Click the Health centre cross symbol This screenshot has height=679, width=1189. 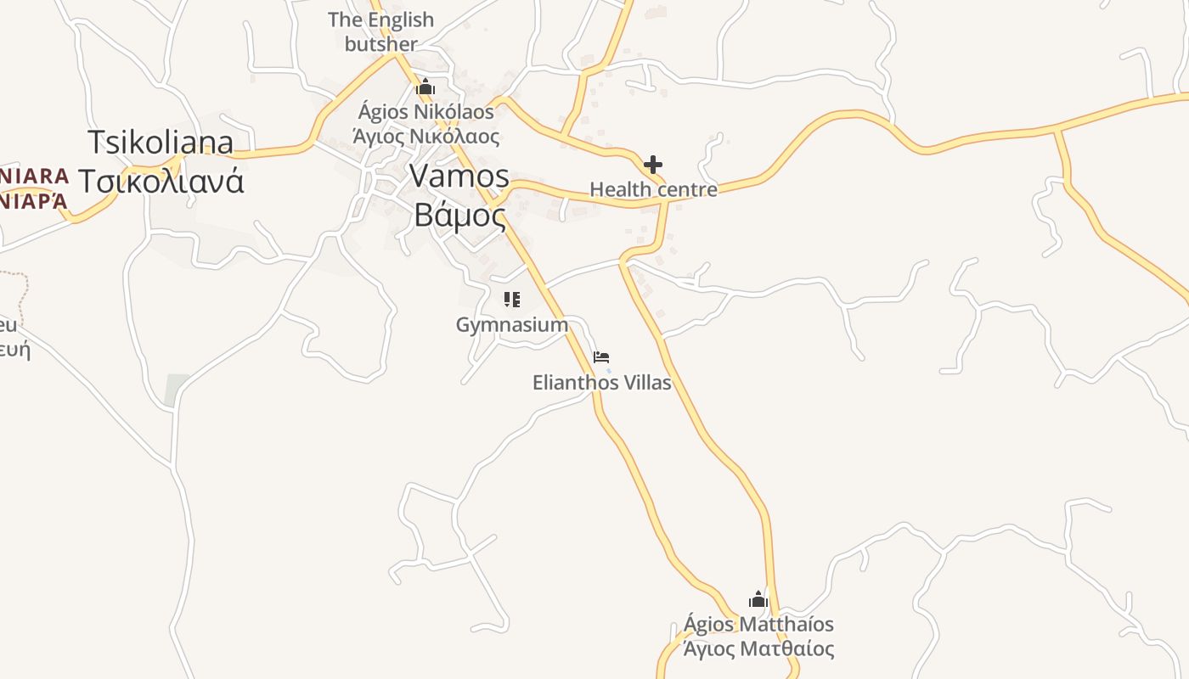pos(652,164)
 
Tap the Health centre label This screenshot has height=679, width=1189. pos(653,189)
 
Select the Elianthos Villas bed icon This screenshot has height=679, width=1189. pos(601,357)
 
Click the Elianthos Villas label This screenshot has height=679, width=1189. pos(601,383)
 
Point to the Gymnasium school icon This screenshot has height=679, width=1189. pos(511,299)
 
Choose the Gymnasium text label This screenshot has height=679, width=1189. pos(511,324)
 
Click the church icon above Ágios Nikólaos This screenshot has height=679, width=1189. pos(425,87)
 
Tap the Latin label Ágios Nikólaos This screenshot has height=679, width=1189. pos(425,112)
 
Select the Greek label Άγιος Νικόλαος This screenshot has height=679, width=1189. pos(425,136)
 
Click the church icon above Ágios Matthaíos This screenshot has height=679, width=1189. pos(758,600)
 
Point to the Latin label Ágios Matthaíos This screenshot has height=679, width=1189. pos(758,625)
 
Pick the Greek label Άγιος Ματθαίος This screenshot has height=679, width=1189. pos(758,649)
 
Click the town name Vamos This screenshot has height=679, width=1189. pos(459,177)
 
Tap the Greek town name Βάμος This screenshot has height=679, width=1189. pos(459,216)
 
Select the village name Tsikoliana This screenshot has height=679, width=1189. pos(161,143)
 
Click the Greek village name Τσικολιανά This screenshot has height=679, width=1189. pos(161,181)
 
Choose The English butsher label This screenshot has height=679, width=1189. pos(380,31)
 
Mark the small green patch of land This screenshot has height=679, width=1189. pos(177,389)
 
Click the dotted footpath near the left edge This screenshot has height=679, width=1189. pos(24,289)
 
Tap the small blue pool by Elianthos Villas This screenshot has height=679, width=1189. pos(609,370)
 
